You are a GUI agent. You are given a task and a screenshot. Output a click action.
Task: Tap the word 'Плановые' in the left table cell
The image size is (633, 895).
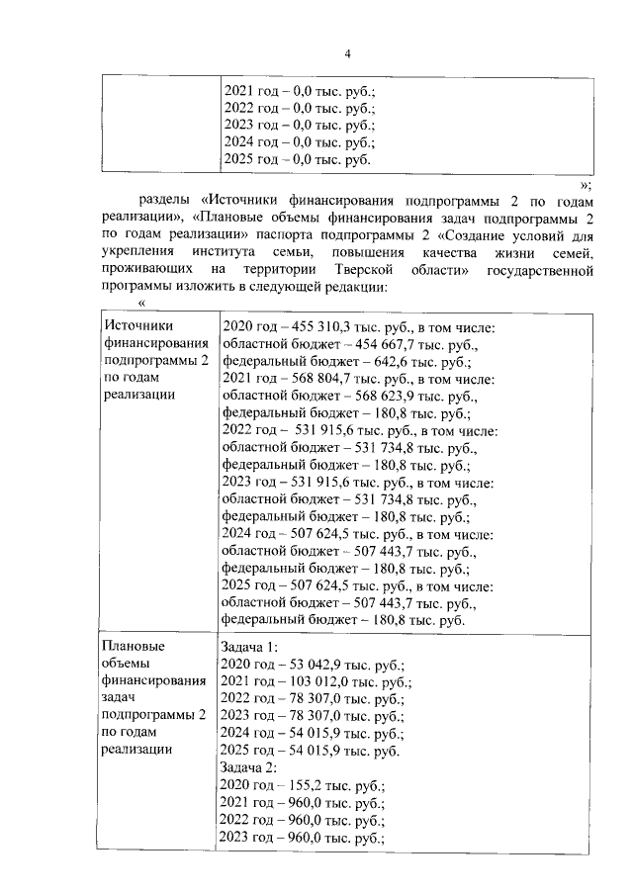pyautogui.click(x=135, y=646)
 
